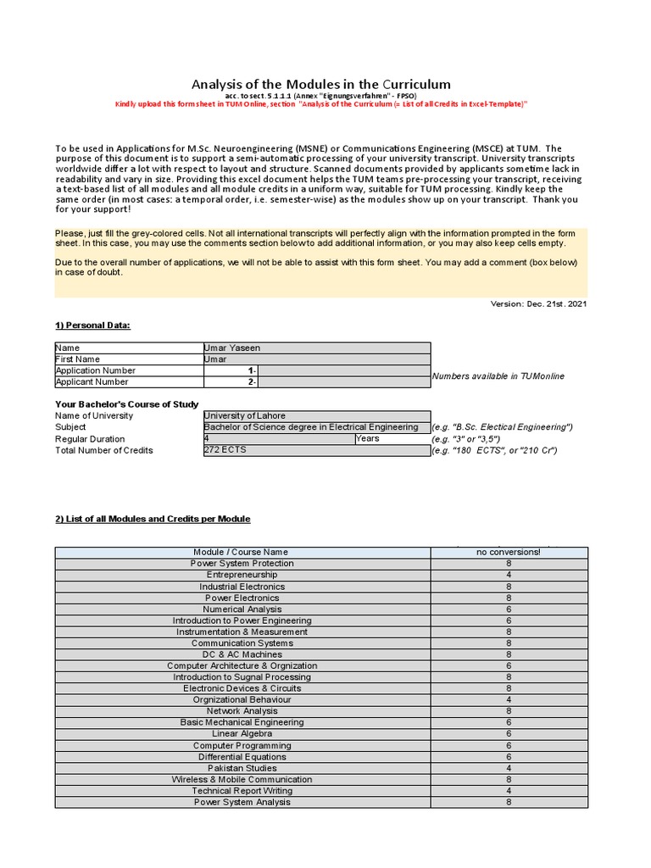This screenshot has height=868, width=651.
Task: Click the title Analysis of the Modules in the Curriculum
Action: pos(320,84)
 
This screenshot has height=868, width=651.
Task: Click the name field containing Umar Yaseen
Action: pos(316,348)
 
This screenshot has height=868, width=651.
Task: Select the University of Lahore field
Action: pos(316,415)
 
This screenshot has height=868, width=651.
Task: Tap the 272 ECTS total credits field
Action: pos(316,450)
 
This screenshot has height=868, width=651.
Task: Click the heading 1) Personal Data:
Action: pos(92,325)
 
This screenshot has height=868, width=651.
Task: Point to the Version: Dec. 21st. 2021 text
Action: pos(539,303)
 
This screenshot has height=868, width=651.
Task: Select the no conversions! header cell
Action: pos(509,553)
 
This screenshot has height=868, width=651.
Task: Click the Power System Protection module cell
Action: pos(242,564)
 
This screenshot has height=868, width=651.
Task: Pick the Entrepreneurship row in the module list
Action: pos(242,575)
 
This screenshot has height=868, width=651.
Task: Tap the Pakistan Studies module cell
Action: pos(242,768)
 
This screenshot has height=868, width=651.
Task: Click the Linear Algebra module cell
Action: pos(242,734)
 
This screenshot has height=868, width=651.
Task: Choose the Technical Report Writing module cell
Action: pos(242,791)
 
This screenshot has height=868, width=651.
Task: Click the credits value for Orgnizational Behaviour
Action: pos(509,700)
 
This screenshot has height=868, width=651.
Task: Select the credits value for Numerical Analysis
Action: pos(509,609)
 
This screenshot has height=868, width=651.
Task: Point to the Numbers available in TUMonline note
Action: pos(498,376)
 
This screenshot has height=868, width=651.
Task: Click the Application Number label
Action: pos(95,370)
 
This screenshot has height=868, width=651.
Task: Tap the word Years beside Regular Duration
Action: pos(368,439)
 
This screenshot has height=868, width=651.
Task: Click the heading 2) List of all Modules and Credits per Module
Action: pos(153,519)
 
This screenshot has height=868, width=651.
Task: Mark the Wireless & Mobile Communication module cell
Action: pos(242,780)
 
